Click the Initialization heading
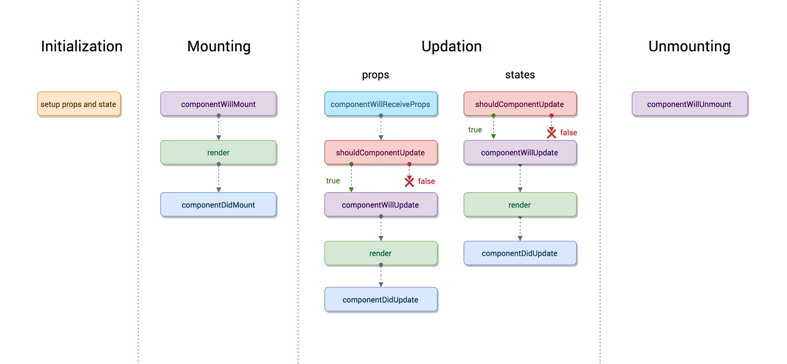[x=82, y=46]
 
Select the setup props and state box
[x=79, y=104]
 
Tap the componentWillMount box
[x=218, y=104]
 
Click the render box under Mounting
[x=218, y=152]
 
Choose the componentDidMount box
[x=218, y=205]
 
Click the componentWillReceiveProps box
[x=381, y=104]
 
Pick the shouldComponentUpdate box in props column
[x=381, y=152]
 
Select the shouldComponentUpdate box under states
[x=520, y=104]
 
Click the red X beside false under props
[x=409, y=181]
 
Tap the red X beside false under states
[x=551, y=133]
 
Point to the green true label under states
[x=475, y=130]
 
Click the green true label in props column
[x=333, y=181]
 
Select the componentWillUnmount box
[x=689, y=104]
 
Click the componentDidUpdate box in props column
[x=381, y=300]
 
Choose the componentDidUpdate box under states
[x=520, y=253]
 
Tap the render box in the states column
[x=520, y=205]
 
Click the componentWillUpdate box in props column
[x=381, y=205]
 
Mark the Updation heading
[x=451, y=46]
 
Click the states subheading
[x=520, y=75]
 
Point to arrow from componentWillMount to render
[x=219, y=128]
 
